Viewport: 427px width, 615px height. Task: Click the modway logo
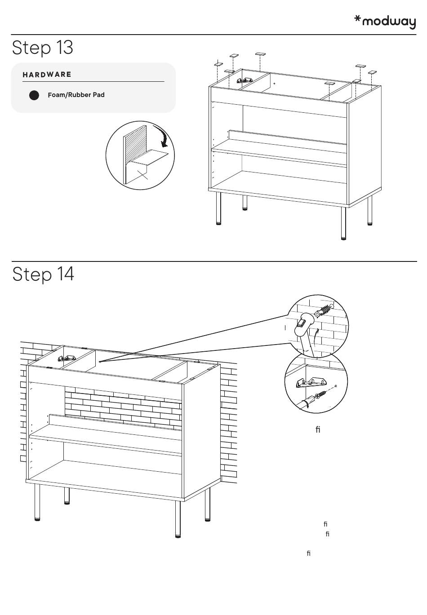[x=385, y=22]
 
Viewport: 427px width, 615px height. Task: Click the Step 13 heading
[x=43, y=48]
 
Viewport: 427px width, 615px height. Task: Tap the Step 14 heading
[x=43, y=274]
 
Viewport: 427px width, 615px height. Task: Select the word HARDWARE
[x=47, y=75]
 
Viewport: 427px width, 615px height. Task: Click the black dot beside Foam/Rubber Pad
[x=34, y=95]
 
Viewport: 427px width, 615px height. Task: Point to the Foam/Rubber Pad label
[x=76, y=95]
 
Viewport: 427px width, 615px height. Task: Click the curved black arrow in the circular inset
[x=162, y=136]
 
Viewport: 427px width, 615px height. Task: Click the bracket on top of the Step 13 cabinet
[x=244, y=80]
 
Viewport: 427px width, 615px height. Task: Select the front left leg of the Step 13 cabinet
[x=219, y=208]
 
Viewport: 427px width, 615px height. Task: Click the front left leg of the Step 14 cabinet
[x=37, y=502]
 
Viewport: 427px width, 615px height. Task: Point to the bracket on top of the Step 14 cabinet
[x=65, y=358]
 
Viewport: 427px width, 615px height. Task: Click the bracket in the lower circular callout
[x=311, y=382]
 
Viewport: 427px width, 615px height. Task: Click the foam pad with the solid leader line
[x=218, y=64]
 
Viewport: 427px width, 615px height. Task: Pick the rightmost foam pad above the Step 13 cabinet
[x=372, y=72]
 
